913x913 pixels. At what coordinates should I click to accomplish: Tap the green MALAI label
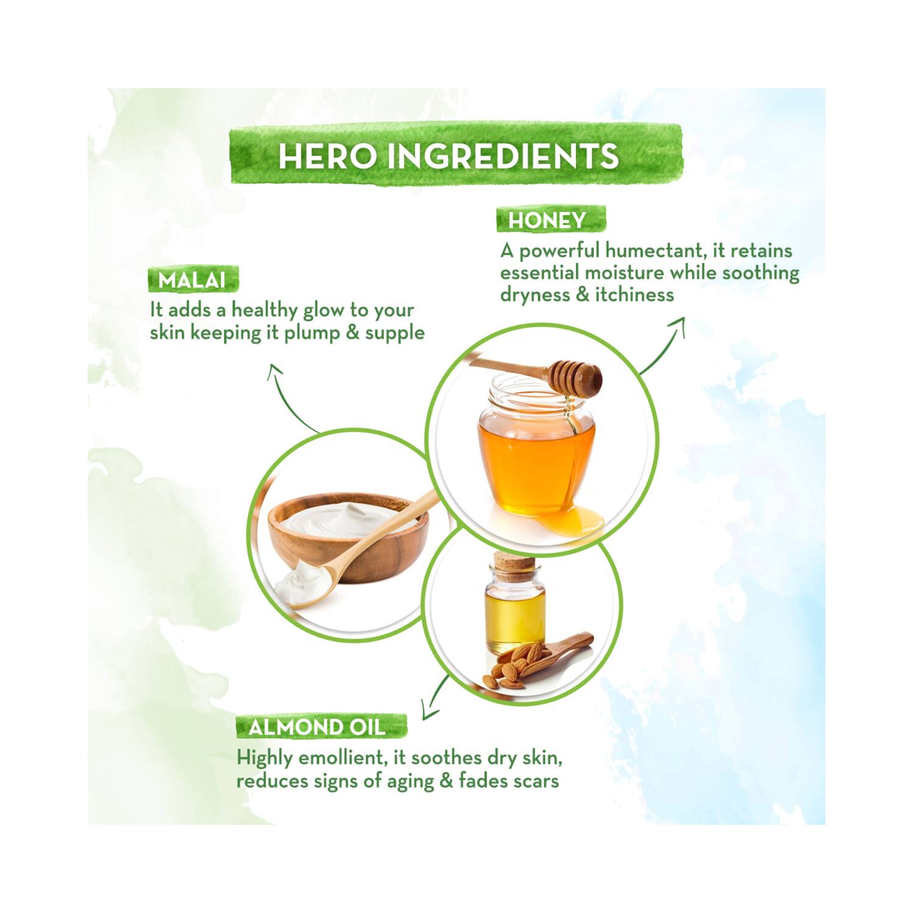193,280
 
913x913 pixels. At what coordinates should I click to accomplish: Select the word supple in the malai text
395,334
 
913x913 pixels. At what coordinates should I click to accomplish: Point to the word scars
535,781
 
